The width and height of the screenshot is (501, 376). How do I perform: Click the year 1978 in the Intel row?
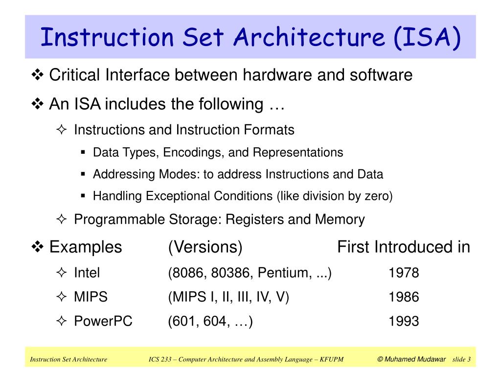click(404, 273)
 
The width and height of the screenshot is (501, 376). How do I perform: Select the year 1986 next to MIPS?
click(404, 297)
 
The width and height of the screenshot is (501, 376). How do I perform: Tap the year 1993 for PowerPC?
click(404, 321)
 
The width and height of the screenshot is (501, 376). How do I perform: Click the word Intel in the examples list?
click(87, 273)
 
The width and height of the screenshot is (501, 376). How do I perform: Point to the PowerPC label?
click(103, 321)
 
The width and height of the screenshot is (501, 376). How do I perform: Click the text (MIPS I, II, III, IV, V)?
click(228, 297)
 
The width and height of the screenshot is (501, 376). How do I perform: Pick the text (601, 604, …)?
click(210, 321)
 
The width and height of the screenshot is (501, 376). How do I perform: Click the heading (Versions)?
click(205, 247)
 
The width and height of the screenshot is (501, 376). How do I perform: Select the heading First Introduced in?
click(404, 247)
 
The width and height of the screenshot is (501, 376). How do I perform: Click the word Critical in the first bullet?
click(75, 75)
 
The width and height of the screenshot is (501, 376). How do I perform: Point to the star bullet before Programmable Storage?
click(61, 220)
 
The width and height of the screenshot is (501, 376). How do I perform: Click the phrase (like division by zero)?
click(335, 196)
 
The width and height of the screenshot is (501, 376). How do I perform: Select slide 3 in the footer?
click(461, 360)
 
